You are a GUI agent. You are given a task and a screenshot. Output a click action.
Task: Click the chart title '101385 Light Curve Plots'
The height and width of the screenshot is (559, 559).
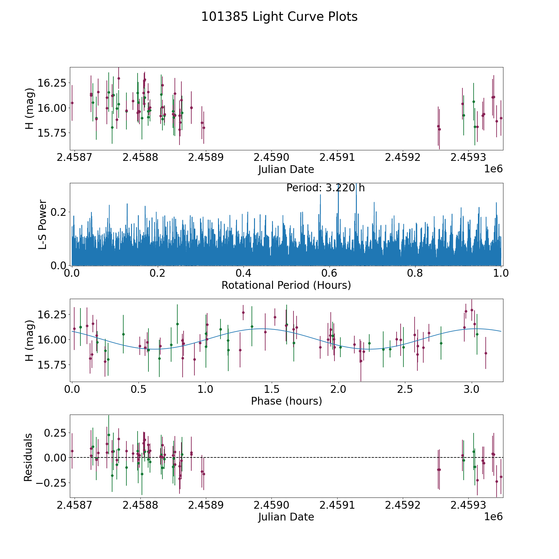point(279,17)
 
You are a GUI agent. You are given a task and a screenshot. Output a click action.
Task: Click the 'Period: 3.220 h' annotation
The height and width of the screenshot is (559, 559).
point(325,188)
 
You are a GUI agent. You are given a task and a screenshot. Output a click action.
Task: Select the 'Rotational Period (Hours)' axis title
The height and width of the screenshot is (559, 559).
point(286,285)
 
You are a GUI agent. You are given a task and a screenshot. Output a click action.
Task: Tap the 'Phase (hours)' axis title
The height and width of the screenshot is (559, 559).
point(286,401)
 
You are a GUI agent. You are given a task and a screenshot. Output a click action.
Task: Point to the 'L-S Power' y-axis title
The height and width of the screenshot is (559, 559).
point(43,224)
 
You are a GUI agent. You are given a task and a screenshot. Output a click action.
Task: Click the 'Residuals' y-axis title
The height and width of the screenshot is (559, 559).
point(28,457)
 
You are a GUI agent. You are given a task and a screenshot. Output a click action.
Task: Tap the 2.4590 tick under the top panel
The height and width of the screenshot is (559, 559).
point(272,157)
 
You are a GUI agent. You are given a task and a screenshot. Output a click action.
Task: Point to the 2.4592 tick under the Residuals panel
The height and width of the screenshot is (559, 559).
point(403,505)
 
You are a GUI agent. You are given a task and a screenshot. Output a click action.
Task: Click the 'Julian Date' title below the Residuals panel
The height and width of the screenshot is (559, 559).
point(286,517)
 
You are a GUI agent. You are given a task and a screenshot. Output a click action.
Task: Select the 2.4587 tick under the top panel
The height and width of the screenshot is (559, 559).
point(75,157)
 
